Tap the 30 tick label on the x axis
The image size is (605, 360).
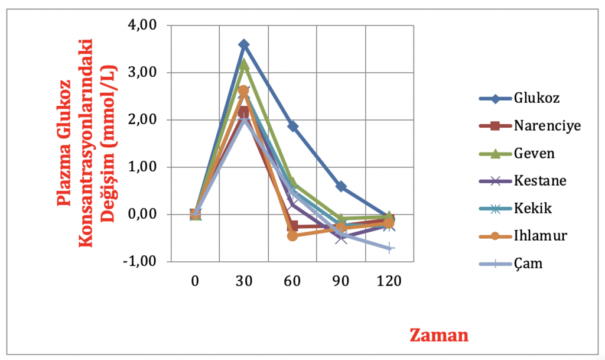(x=244, y=281)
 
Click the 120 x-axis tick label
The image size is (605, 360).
(x=390, y=281)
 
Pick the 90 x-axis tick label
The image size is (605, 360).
(x=341, y=281)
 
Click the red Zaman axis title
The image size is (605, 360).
(x=439, y=335)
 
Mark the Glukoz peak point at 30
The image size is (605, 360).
(x=244, y=44)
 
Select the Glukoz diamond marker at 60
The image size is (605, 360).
(x=292, y=126)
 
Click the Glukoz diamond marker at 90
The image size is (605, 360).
(x=341, y=186)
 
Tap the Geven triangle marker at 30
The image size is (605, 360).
(x=244, y=64)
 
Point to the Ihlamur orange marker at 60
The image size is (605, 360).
(x=292, y=236)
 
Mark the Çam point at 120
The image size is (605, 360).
(x=390, y=248)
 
